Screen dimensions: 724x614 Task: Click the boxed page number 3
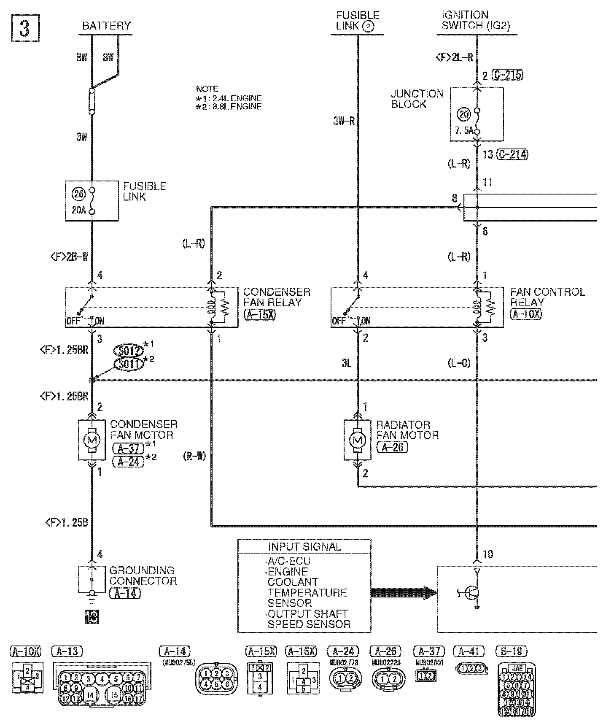(25, 29)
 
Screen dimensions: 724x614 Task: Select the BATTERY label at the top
(107, 26)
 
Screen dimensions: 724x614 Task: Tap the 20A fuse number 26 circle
(78, 194)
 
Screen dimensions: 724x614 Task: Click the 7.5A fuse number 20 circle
(463, 114)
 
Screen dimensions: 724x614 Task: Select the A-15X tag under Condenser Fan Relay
(259, 314)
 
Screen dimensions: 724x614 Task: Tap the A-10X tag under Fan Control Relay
(525, 314)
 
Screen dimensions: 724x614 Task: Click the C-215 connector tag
(508, 75)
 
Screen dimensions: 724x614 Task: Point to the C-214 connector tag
(512, 154)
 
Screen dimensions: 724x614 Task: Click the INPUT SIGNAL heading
(304, 547)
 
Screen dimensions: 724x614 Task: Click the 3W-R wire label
(344, 122)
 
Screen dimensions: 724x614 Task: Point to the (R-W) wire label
(194, 456)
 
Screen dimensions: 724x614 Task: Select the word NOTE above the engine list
(207, 89)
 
